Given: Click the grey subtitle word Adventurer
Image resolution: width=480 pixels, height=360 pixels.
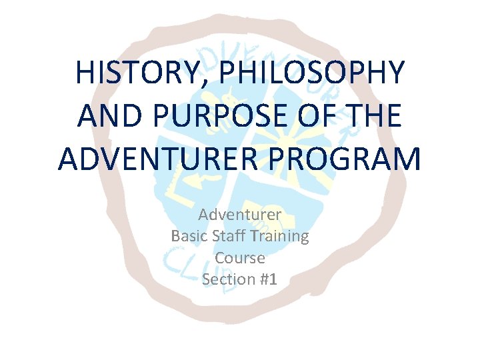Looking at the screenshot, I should pos(240,215).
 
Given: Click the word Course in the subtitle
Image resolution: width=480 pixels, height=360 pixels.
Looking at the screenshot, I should pos(240,257).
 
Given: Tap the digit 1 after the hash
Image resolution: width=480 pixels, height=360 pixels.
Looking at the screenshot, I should pos(273,279).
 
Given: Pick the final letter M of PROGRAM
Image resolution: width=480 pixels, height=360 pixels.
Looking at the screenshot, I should pos(407,159).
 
